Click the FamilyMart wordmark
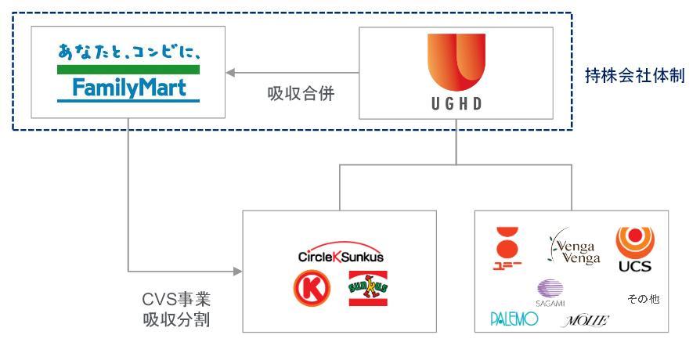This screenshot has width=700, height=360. (x=128, y=88)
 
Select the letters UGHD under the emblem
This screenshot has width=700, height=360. (x=456, y=106)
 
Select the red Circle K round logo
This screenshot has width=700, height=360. (x=308, y=287)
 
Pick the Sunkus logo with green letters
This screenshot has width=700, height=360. (x=368, y=288)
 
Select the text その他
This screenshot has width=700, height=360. (x=643, y=298)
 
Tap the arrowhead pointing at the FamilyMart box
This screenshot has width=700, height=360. (x=229, y=74)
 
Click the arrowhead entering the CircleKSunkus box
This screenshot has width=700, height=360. (x=237, y=272)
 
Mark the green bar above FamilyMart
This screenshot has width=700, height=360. (x=128, y=69)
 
